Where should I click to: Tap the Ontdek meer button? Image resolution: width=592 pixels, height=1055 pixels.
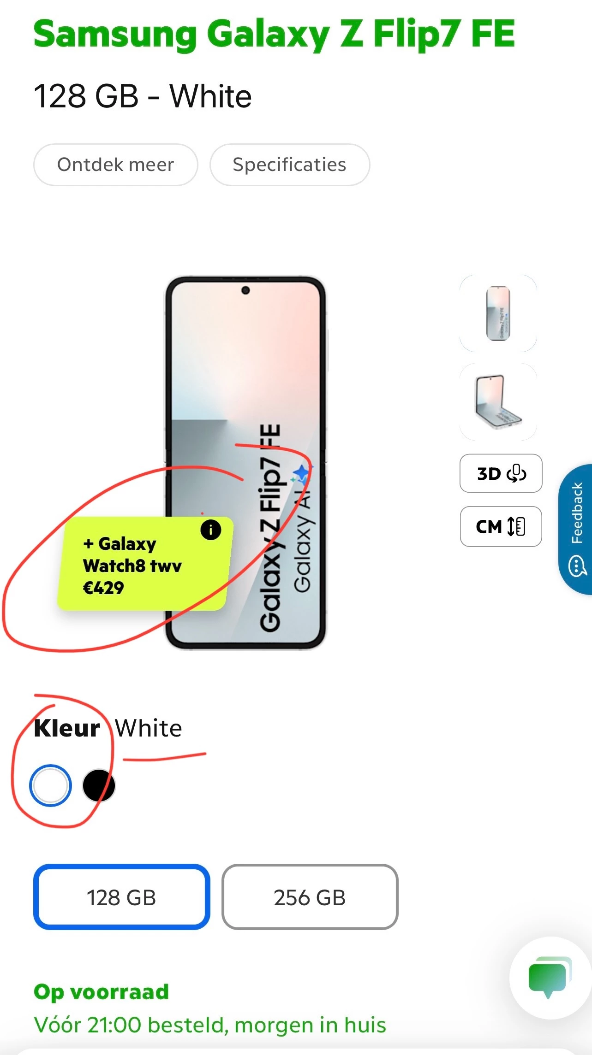[115, 165]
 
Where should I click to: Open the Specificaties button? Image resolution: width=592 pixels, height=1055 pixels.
[289, 165]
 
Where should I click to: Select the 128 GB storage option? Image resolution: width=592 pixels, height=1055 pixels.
[121, 897]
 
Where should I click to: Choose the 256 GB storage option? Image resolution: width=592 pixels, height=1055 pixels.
[310, 897]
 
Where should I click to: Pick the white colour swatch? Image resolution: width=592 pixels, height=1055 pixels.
[50, 785]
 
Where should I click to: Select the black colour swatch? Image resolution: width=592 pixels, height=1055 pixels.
[98, 785]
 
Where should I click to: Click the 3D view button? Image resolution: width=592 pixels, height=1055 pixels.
[501, 473]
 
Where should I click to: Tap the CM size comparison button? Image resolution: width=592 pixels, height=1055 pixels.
[501, 526]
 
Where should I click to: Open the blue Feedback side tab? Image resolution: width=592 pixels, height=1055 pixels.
[576, 529]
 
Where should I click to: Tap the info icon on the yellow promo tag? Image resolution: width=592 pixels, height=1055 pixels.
[210, 530]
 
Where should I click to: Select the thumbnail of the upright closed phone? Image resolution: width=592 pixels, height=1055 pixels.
[498, 313]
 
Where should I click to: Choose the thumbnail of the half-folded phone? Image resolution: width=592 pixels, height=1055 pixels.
[498, 402]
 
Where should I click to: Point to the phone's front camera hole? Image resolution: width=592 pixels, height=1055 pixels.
[245, 290]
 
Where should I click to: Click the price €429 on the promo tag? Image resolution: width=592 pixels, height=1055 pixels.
[103, 588]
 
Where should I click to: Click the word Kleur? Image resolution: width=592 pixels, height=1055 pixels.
[67, 729]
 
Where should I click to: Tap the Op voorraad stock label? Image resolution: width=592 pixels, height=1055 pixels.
[102, 992]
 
